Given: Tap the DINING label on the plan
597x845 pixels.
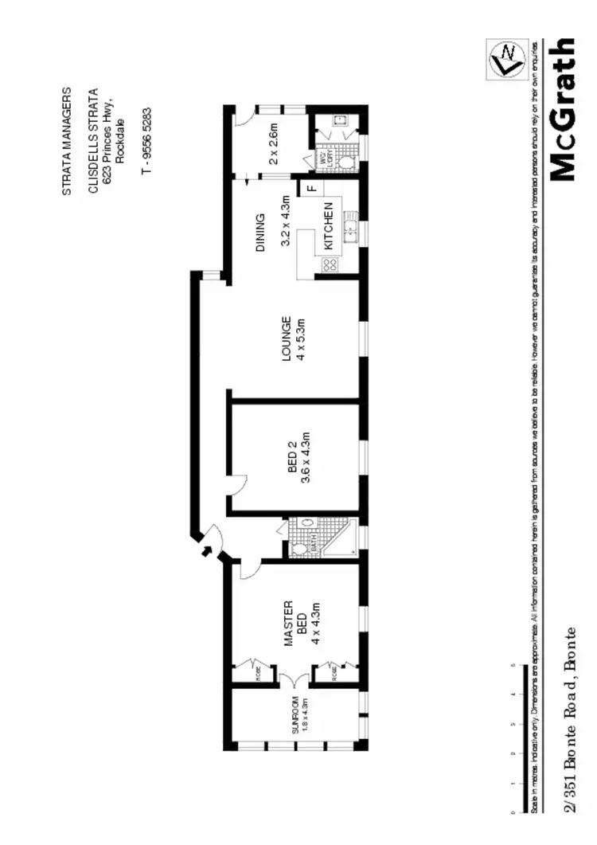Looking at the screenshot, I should (x=260, y=232).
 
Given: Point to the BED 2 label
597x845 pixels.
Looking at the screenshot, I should (x=292, y=459).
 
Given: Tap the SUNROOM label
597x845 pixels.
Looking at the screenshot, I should (x=294, y=714).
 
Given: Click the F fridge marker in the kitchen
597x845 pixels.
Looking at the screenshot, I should (x=311, y=189).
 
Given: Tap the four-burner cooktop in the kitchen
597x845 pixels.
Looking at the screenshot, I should (x=330, y=264).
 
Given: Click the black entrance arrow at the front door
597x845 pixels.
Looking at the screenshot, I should (x=205, y=549).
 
